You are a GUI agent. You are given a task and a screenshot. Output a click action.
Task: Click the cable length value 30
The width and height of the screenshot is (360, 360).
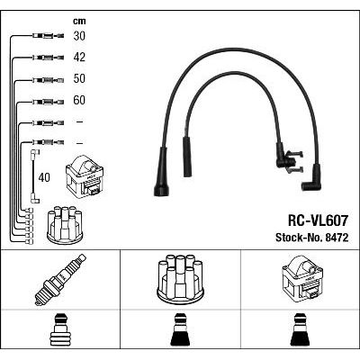coord(79,36)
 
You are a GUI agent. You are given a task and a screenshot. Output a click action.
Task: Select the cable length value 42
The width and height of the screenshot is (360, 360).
coord(79,58)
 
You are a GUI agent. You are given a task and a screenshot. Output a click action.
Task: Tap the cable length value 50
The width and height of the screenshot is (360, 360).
coord(79,78)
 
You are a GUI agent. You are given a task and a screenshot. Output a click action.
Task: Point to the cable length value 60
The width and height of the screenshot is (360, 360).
coord(79,100)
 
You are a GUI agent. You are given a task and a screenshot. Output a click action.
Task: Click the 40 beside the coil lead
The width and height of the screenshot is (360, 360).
coord(44,177)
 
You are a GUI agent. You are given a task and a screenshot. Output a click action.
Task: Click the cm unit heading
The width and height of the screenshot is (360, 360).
coord(79,21)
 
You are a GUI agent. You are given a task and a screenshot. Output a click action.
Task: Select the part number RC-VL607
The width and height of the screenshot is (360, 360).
coord(318,220)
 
